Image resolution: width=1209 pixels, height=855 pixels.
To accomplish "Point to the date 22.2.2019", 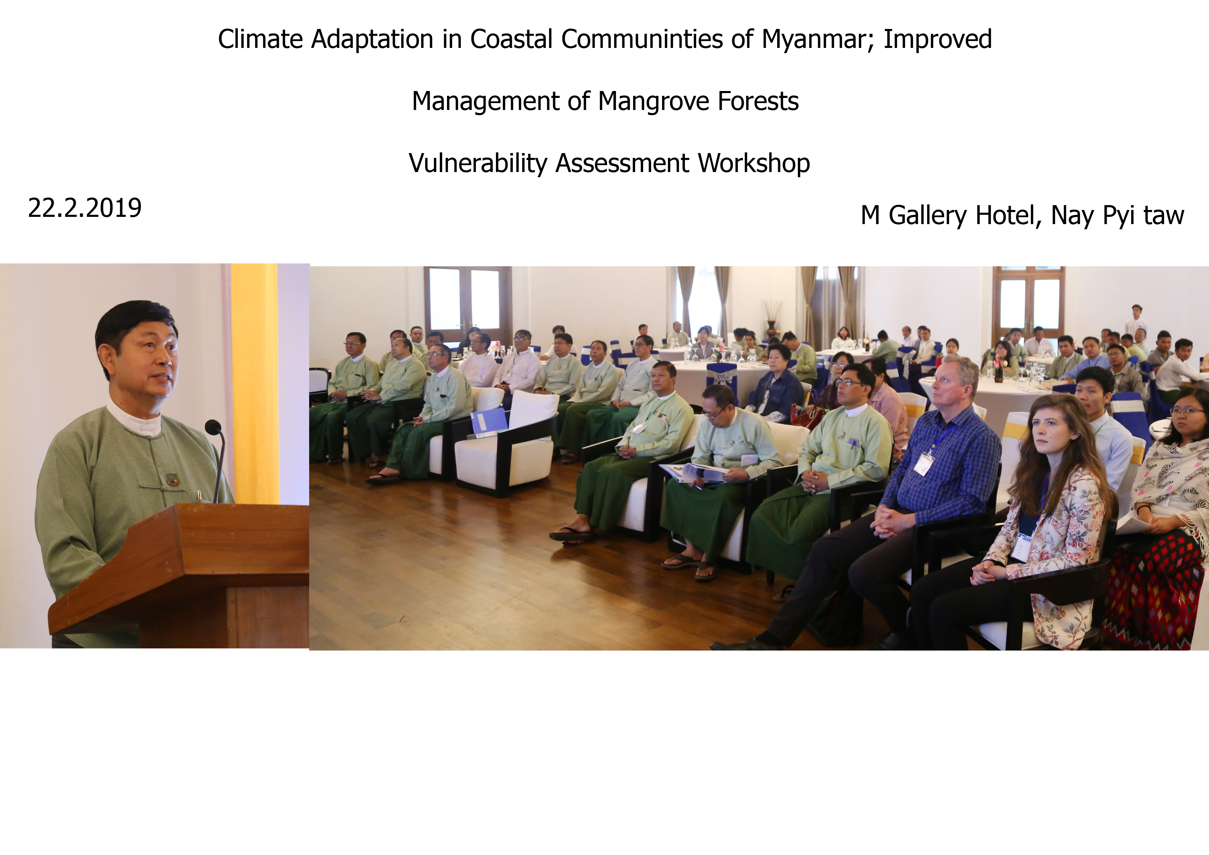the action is [x=85, y=208].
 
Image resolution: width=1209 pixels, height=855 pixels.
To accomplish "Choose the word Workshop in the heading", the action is [x=754, y=163].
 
